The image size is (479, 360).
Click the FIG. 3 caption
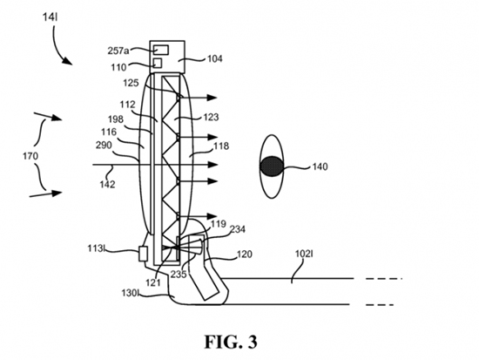pos(231,342)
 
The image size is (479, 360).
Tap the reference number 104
pos(215,58)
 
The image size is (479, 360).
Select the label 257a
pos(118,51)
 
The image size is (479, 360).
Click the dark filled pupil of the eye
pos(272,166)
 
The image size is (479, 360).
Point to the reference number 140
pos(320,166)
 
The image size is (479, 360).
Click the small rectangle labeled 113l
pos(143,254)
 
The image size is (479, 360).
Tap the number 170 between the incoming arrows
pos(30,156)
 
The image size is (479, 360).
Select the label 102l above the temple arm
pos(304,254)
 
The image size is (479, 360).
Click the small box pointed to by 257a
pos(161,50)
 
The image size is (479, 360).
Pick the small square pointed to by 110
pos(158,63)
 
